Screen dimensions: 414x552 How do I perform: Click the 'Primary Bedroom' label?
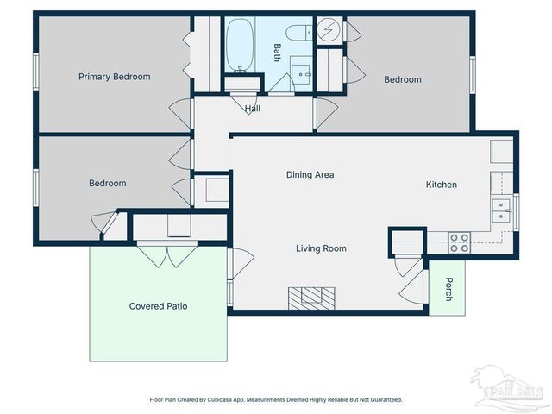click(114, 77)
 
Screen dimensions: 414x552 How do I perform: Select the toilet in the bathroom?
click(297, 34)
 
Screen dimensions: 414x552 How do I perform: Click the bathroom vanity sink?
click(301, 73)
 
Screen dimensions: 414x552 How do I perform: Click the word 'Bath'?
click(277, 52)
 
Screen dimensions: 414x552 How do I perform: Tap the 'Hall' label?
click(252, 109)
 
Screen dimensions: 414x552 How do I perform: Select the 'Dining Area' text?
click(310, 174)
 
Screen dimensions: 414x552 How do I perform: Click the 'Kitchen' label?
click(441, 185)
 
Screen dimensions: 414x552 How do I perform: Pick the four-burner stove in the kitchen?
click(460, 243)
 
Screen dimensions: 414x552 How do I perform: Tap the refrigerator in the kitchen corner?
click(502, 152)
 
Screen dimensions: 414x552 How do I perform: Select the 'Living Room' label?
click(321, 248)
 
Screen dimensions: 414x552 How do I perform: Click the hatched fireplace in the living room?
click(311, 297)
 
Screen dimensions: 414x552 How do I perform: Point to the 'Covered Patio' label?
click(158, 306)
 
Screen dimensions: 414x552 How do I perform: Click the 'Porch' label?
click(448, 292)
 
